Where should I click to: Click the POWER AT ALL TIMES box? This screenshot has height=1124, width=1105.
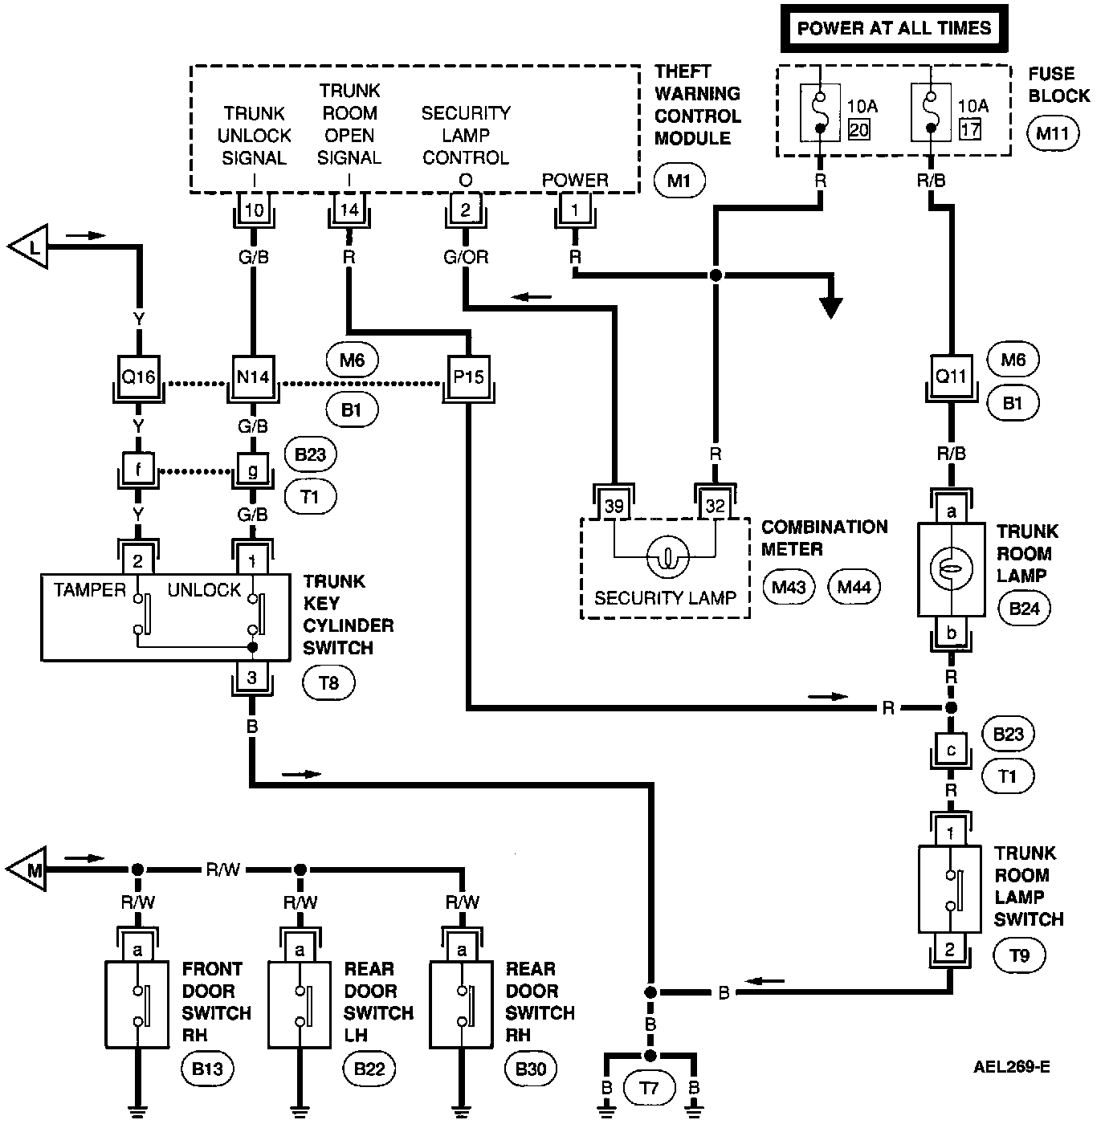(x=894, y=28)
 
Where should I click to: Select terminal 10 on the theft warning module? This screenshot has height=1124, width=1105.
(x=254, y=211)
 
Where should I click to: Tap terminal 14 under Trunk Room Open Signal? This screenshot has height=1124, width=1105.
(x=349, y=211)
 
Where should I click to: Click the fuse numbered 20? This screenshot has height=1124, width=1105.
(x=820, y=112)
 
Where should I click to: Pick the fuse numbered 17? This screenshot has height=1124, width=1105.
(x=932, y=112)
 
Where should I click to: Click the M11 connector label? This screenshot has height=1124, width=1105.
(x=1052, y=133)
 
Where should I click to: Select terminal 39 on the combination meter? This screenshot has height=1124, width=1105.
(x=614, y=506)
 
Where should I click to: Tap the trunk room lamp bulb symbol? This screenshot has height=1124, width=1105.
(x=951, y=569)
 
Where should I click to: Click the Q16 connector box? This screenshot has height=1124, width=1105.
(x=138, y=376)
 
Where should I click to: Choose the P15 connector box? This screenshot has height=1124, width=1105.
(x=468, y=376)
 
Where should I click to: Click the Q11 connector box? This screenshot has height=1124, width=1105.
(x=952, y=376)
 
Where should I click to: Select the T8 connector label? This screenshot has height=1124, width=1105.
(x=328, y=683)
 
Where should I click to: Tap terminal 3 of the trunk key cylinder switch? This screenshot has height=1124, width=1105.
(x=252, y=678)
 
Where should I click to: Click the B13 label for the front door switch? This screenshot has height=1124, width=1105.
(x=207, y=1069)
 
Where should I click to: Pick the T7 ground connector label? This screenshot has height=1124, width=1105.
(x=650, y=1088)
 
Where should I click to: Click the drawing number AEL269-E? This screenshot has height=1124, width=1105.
(x=1012, y=1067)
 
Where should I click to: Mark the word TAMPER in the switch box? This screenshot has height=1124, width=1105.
(x=90, y=590)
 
